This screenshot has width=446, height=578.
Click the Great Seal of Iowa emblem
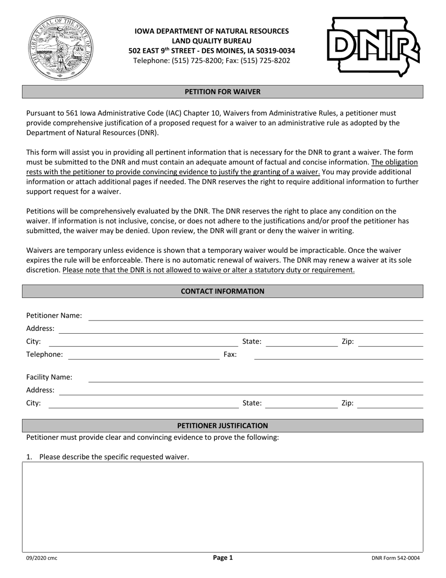pyautogui.click(x=61, y=48)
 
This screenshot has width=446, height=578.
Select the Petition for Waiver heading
pyautogui.click(x=223, y=92)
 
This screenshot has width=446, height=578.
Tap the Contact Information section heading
pyautogui.click(x=223, y=291)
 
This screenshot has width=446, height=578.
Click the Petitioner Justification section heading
pyautogui.click(x=223, y=426)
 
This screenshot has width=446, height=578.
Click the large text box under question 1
pyautogui.click(x=223, y=507)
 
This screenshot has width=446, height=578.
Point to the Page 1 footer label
pyautogui.click(x=223, y=558)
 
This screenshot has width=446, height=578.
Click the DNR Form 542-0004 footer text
pyautogui.click(x=395, y=558)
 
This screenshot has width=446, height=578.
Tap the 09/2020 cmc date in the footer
pyautogui.click(x=42, y=558)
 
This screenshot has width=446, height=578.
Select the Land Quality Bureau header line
pyautogui.click(x=212, y=41)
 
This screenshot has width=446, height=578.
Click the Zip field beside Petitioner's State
pyautogui.click(x=390, y=342)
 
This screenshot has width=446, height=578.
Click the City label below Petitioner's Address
pyautogui.click(x=34, y=342)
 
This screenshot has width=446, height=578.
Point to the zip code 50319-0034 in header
pyautogui.click(x=276, y=51)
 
